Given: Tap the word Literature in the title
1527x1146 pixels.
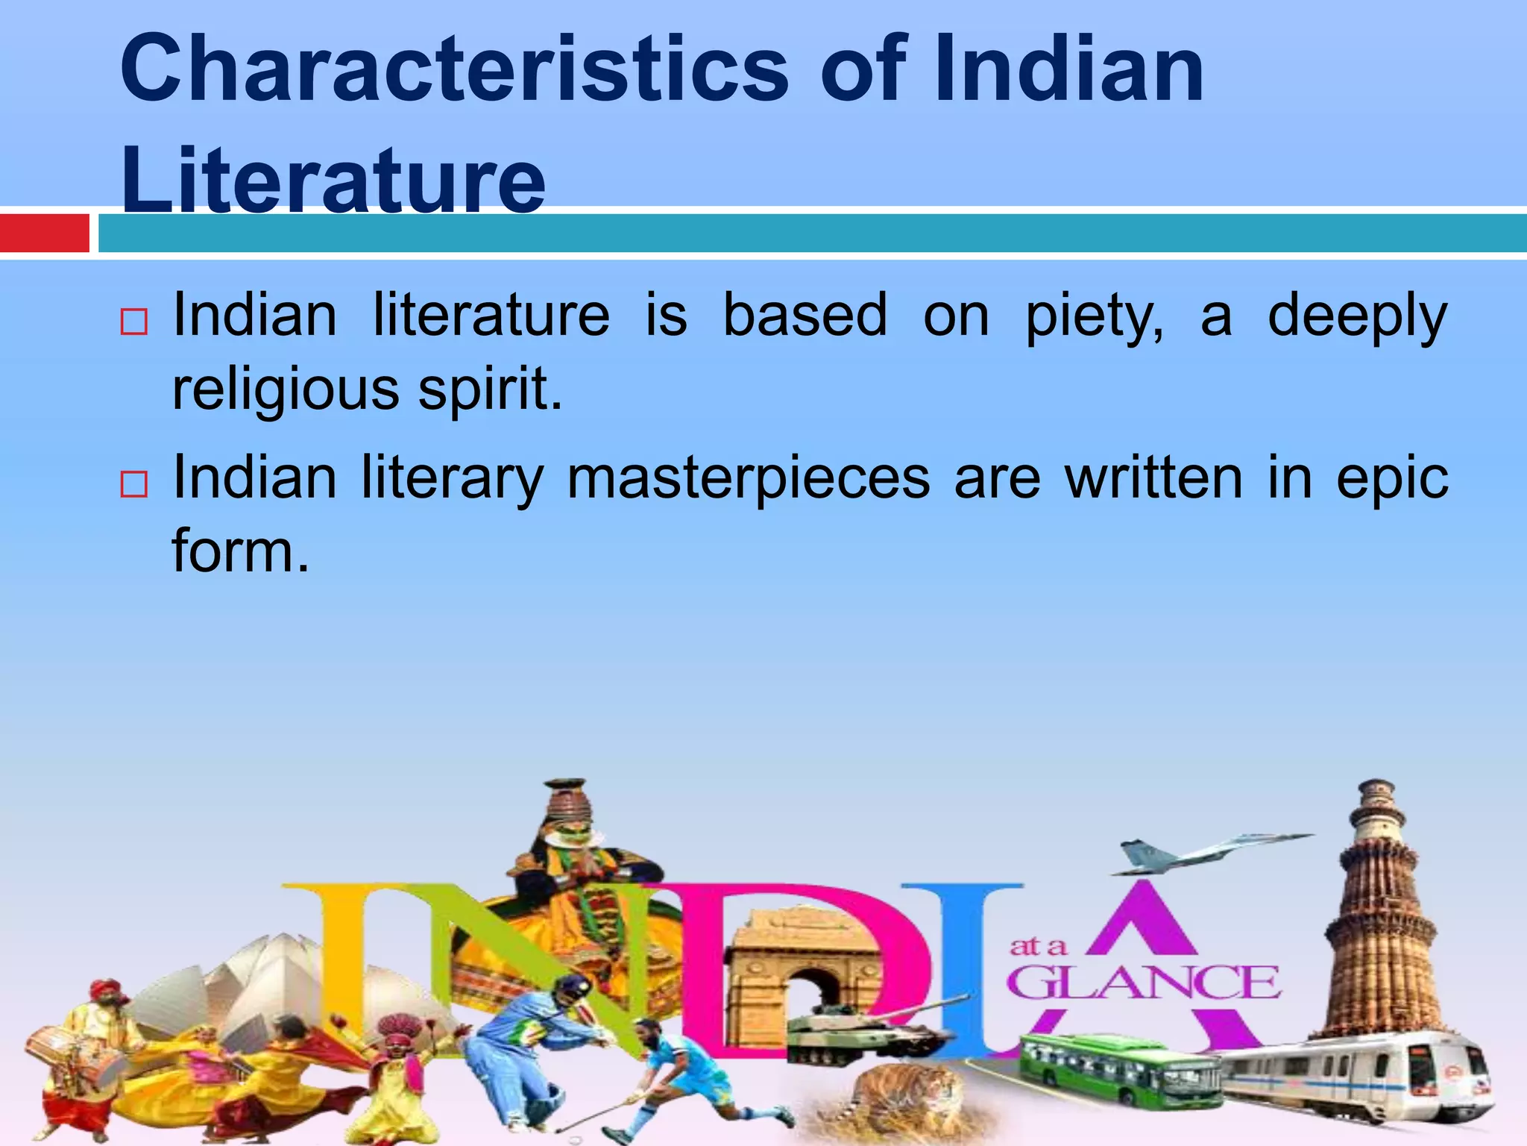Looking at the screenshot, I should coord(333,180).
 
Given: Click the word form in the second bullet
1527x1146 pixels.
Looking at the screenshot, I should coord(239,551).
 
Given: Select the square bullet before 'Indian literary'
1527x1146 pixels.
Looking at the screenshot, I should coord(133,485).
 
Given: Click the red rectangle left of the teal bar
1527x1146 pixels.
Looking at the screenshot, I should coord(44,233).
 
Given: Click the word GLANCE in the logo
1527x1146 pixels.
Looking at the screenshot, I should coord(1145,983).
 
